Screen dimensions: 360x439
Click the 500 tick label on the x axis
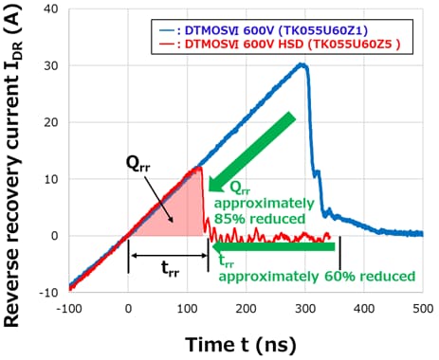(423, 307)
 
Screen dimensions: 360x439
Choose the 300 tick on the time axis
(304, 307)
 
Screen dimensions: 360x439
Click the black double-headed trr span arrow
(168, 255)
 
